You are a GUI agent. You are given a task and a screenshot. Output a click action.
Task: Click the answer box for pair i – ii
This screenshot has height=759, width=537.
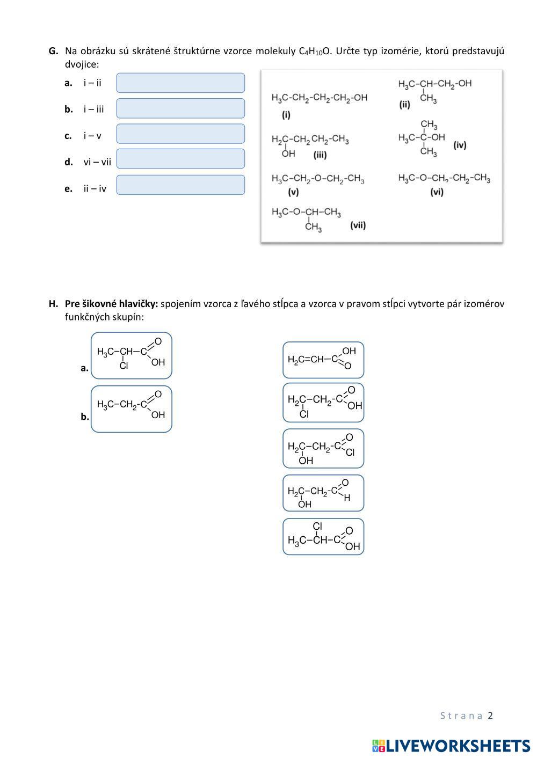(180, 83)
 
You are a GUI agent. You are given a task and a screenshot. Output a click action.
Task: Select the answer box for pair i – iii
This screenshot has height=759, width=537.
(180, 108)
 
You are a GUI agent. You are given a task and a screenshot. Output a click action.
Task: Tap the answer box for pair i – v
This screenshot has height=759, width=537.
(180, 134)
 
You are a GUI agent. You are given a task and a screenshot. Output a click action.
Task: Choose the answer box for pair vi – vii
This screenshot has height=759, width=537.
(180, 159)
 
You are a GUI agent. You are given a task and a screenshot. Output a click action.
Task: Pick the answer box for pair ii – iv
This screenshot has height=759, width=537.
(180, 185)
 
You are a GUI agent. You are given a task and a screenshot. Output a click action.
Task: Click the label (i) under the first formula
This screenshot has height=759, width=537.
(286, 114)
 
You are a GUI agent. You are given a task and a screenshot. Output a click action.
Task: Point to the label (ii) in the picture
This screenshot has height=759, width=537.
(404, 104)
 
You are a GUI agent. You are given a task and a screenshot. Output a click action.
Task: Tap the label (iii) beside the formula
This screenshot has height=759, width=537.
(320, 155)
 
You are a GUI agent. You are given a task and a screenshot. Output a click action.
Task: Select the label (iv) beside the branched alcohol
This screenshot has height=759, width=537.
(460, 145)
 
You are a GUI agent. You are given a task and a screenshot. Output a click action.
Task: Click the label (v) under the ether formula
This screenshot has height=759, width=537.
(293, 192)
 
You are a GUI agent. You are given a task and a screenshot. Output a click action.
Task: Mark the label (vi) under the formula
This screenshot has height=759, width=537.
(437, 192)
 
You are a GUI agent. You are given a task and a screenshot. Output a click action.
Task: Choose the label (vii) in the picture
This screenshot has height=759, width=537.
(358, 225)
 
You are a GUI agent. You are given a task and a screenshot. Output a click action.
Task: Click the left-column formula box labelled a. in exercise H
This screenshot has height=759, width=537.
(132, 355)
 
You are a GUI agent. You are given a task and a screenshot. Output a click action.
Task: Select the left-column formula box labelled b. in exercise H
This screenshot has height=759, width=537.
(132, 409)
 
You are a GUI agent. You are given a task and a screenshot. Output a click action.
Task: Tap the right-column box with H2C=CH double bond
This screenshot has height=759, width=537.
(323, 360)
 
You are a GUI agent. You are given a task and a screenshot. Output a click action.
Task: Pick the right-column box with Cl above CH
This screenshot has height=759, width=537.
(323, 536)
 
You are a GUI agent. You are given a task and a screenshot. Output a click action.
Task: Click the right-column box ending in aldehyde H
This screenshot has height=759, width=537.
(323, 493)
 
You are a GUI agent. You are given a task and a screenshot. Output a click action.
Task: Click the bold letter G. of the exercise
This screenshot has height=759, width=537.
(53, 51)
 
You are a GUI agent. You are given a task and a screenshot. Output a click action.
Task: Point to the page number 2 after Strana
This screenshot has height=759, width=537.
(490, 716)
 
